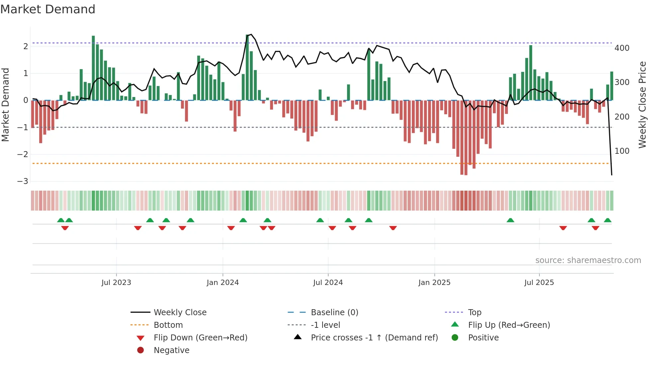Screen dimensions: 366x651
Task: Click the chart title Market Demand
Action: [x=48, y=9]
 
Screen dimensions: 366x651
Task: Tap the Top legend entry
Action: [x=474, y=313]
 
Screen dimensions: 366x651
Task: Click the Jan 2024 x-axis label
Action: [x=223, y=283]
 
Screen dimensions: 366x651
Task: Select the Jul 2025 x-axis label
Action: [x=539, y=283]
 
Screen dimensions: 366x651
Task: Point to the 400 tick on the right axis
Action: [x=622, y=48]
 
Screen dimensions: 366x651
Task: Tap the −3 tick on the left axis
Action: [x=23, y=181]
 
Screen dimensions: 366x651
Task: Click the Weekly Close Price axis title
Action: [x=642, y=105]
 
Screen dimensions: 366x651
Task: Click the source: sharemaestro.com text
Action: [x=588, y=260]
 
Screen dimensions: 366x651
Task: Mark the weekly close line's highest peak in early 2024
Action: [x=251, y=35]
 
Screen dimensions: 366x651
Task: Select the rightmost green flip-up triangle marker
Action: [x=607, y=220]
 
